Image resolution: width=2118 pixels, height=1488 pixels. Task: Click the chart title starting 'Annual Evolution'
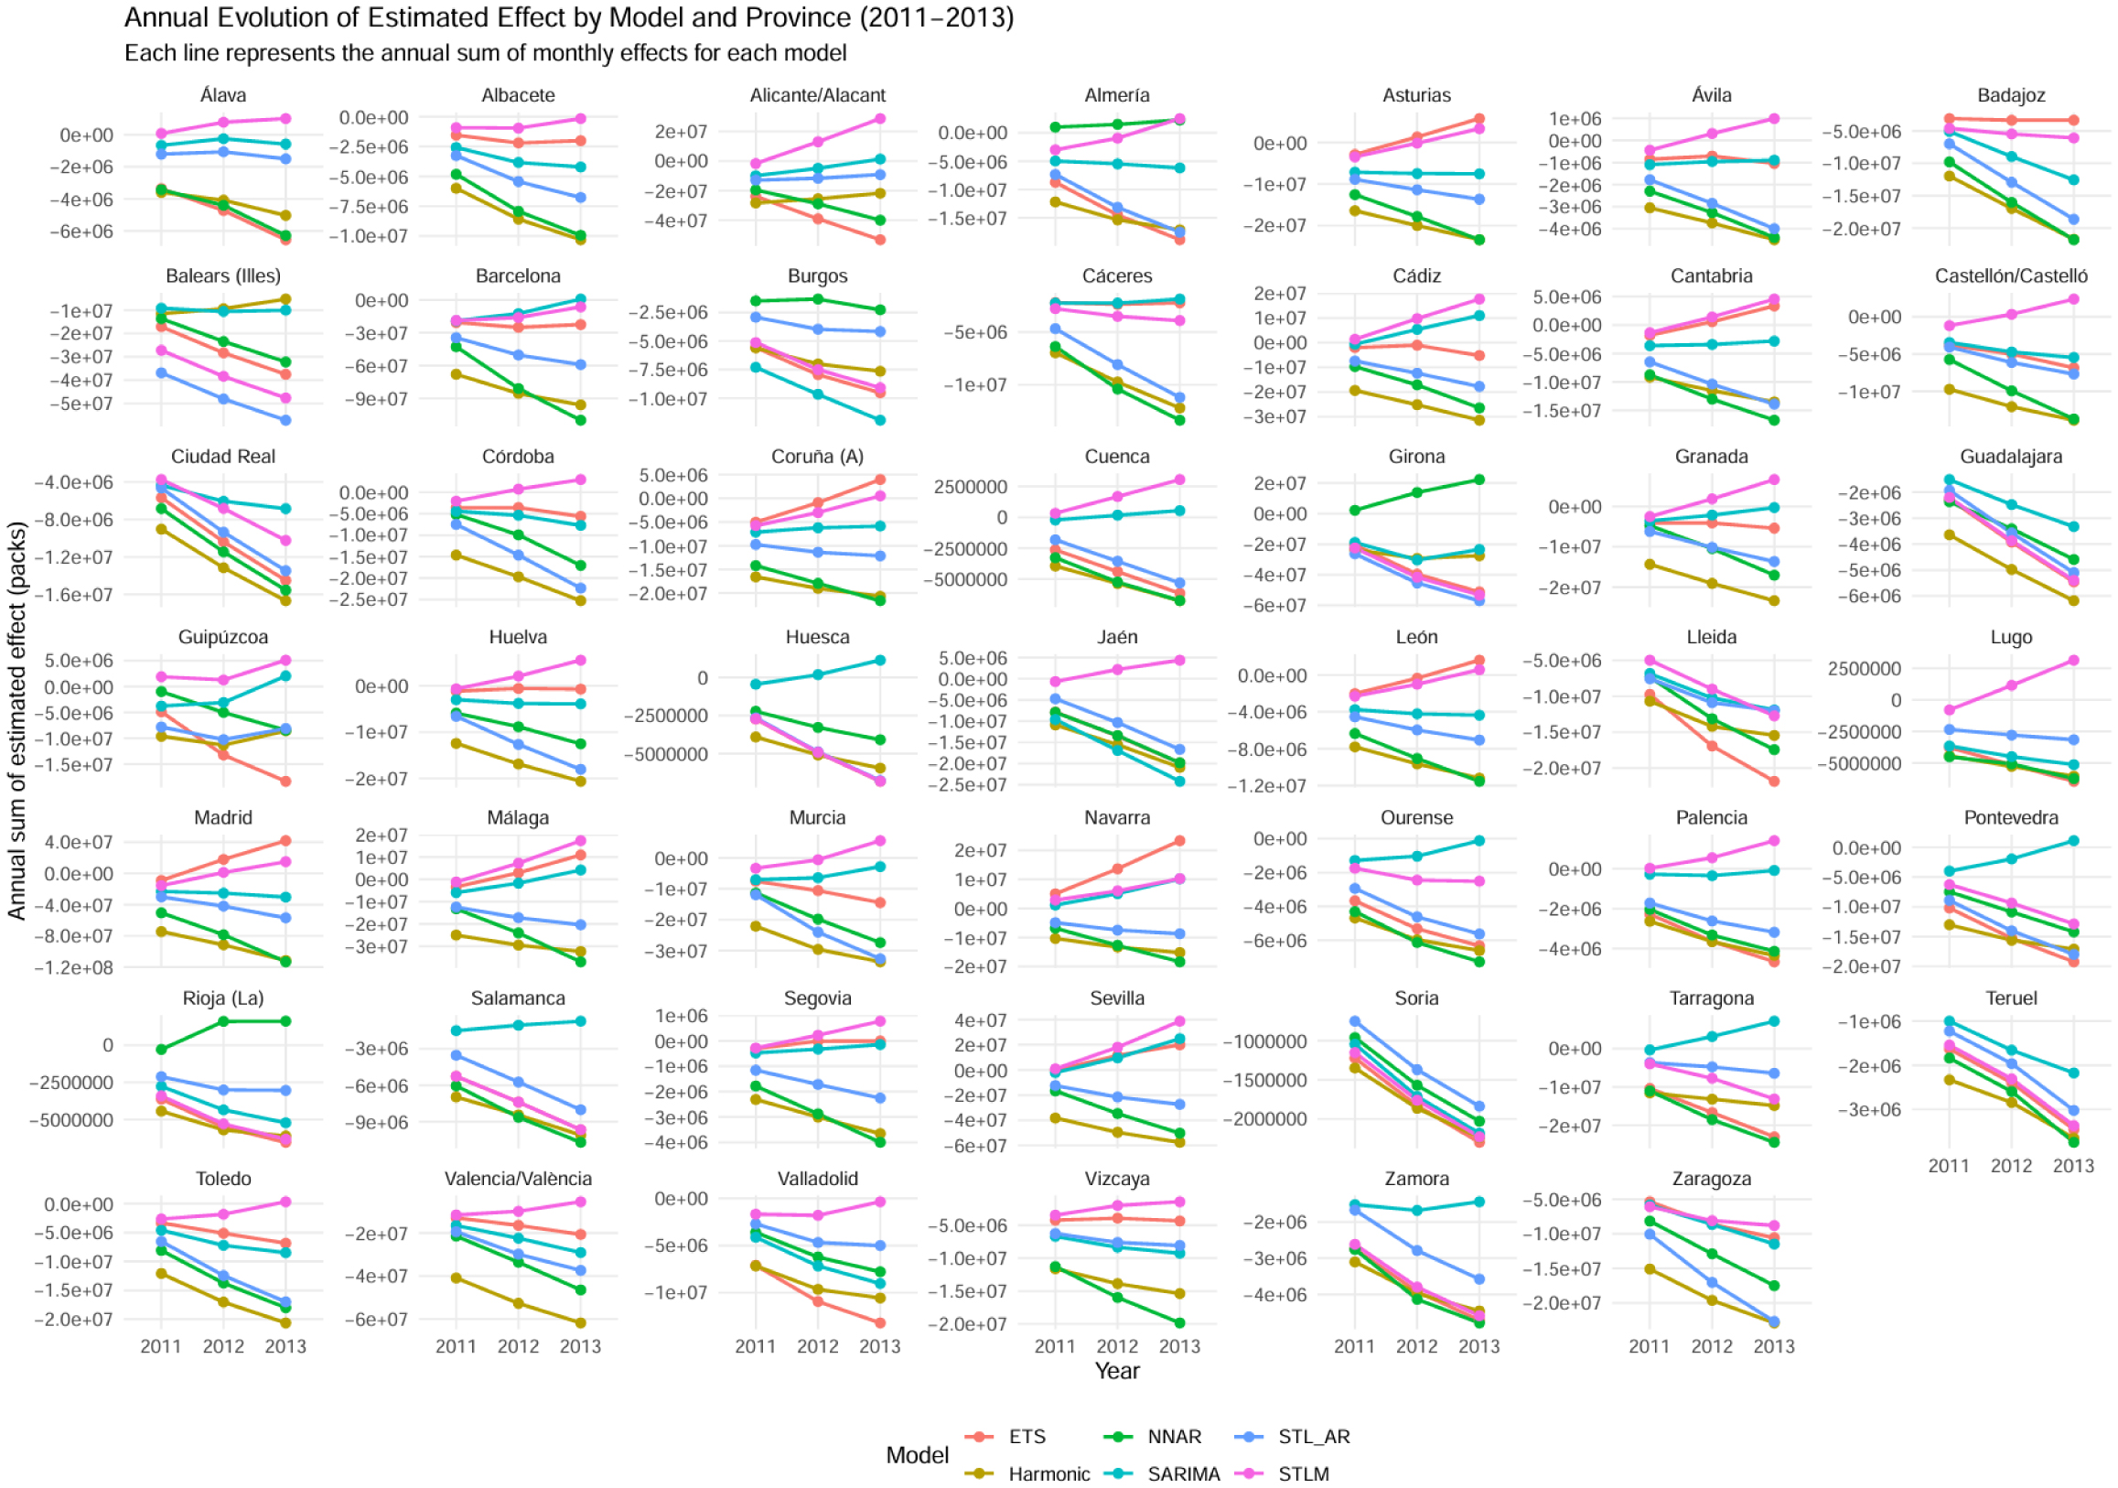(x=568, y=18)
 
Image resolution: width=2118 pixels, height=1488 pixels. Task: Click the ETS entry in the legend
(x=1026, y=1437)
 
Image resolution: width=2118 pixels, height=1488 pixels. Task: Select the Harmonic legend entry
(x=1048, y=1473)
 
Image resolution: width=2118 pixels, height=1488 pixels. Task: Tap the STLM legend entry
(x=1303, y=1473)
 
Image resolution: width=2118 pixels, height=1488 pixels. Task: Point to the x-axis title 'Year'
(x=1116, y=1371)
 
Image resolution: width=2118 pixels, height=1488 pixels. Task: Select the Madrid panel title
(x=223, y=817)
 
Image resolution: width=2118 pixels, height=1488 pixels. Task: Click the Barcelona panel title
(x=518, y=275)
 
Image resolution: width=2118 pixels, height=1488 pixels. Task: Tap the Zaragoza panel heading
(x=1711, y=1179)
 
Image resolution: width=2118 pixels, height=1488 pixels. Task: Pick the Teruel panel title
(x=2011, y=998)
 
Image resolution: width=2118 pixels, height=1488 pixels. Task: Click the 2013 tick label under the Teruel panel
(x=2073, y=1166)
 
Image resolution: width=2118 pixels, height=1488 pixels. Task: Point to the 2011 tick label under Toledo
(x=160, y=1347)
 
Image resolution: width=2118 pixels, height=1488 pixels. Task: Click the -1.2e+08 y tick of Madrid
(x=74, y=967)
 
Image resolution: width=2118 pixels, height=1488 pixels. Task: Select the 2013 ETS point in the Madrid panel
(x=286, y=840)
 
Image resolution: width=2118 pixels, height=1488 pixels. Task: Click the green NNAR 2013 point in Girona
(x=1478, y=480)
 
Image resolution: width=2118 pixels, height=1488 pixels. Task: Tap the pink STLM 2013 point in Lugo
(x=2073, y=661)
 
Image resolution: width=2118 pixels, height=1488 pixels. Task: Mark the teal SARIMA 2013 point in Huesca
(x=880, y=661)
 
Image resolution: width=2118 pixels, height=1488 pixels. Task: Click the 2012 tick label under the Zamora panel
(x=1417, y=1347)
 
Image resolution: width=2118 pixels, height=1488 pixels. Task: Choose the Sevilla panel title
(x=1116, y=998)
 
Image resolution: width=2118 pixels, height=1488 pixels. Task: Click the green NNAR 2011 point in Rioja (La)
(x=161, y=1049)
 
